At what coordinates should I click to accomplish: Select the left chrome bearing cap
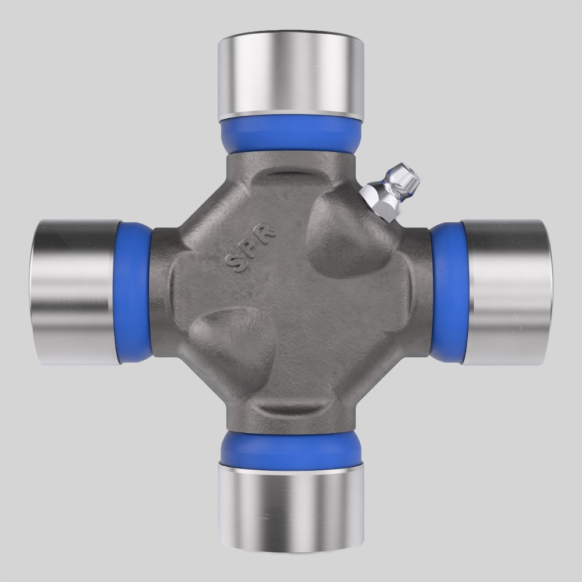tap(76, 291)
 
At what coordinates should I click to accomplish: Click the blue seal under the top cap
tap(291, 132)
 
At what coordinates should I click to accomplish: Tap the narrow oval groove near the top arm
tap(291, 175)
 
